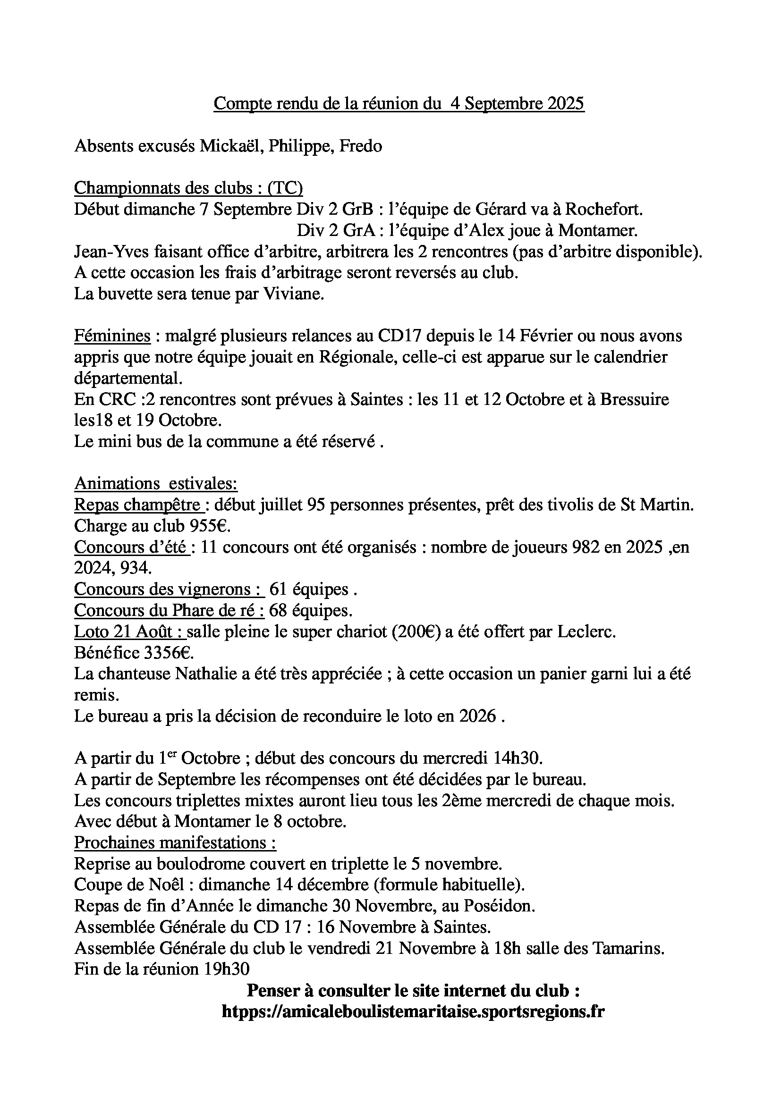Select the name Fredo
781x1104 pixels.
pos(361,146)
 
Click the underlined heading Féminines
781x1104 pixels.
pos(112,336)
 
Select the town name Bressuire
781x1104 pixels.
pos(634,399)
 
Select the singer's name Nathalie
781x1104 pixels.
pos(206,674)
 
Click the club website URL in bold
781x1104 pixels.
pos(413,1011)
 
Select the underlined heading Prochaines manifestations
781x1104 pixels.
pos(175,843)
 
